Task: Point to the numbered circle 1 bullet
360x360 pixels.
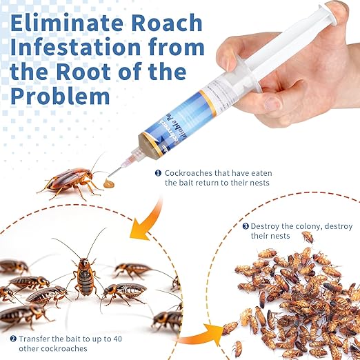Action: tap(158, 172)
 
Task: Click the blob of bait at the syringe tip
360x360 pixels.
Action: tap(110, 185)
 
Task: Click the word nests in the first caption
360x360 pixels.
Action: tap(254, 183)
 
